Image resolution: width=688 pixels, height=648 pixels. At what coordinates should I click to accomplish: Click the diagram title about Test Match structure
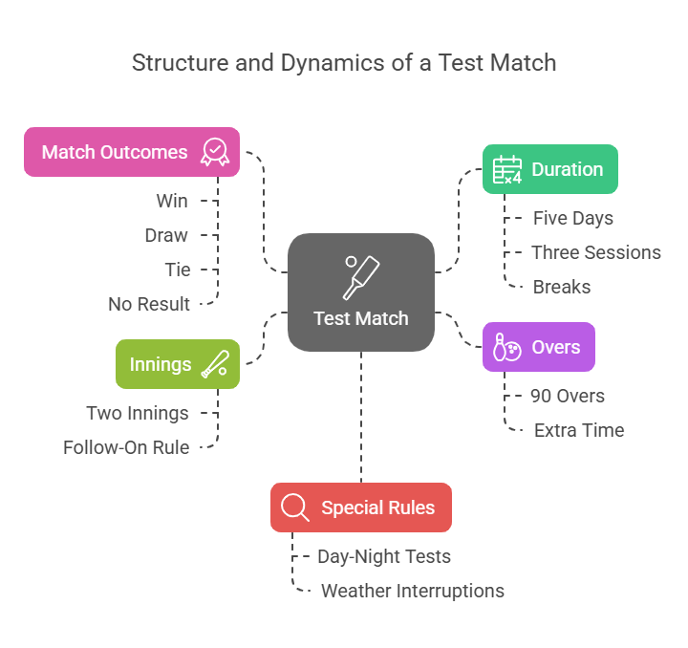[344, 64]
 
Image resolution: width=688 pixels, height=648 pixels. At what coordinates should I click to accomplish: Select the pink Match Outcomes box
[132, 152]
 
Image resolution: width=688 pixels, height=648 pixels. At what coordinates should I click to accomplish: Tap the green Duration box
[549, 169]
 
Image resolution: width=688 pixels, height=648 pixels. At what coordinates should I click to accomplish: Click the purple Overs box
[539, 346]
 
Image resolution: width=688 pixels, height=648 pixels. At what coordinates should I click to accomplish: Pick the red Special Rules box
[360, 508]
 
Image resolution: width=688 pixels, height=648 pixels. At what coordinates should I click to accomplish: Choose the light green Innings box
[177, 364]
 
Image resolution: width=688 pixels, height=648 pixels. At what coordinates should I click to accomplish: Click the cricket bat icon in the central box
[361, 277]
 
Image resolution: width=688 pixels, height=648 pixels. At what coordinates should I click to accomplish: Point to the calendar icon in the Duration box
[506, 170]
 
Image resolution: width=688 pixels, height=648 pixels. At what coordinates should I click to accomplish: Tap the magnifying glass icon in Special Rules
[295, 508]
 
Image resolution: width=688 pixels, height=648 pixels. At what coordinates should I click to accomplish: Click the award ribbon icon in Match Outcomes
[215, 152]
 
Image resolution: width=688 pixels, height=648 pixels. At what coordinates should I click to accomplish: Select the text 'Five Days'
[573, 218]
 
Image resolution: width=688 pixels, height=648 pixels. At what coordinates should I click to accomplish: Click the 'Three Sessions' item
[596, 252]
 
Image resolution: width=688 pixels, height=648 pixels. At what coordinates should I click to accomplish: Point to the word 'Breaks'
[562, 287]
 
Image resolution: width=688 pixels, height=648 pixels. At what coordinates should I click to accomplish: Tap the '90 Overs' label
[568, 396]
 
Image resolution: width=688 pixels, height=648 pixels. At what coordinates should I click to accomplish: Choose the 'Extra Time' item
[579, 430]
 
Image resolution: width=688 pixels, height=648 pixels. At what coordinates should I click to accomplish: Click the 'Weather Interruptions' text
[413, 591]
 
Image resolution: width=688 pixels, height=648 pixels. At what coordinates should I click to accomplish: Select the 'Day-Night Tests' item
[384, 556]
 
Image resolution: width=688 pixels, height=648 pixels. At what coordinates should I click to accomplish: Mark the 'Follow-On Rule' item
[126, 447]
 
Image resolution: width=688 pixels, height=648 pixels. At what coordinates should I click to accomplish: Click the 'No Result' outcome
[149, 304]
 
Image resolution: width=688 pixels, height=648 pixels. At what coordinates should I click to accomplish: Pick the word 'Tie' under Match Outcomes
[178, 270]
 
